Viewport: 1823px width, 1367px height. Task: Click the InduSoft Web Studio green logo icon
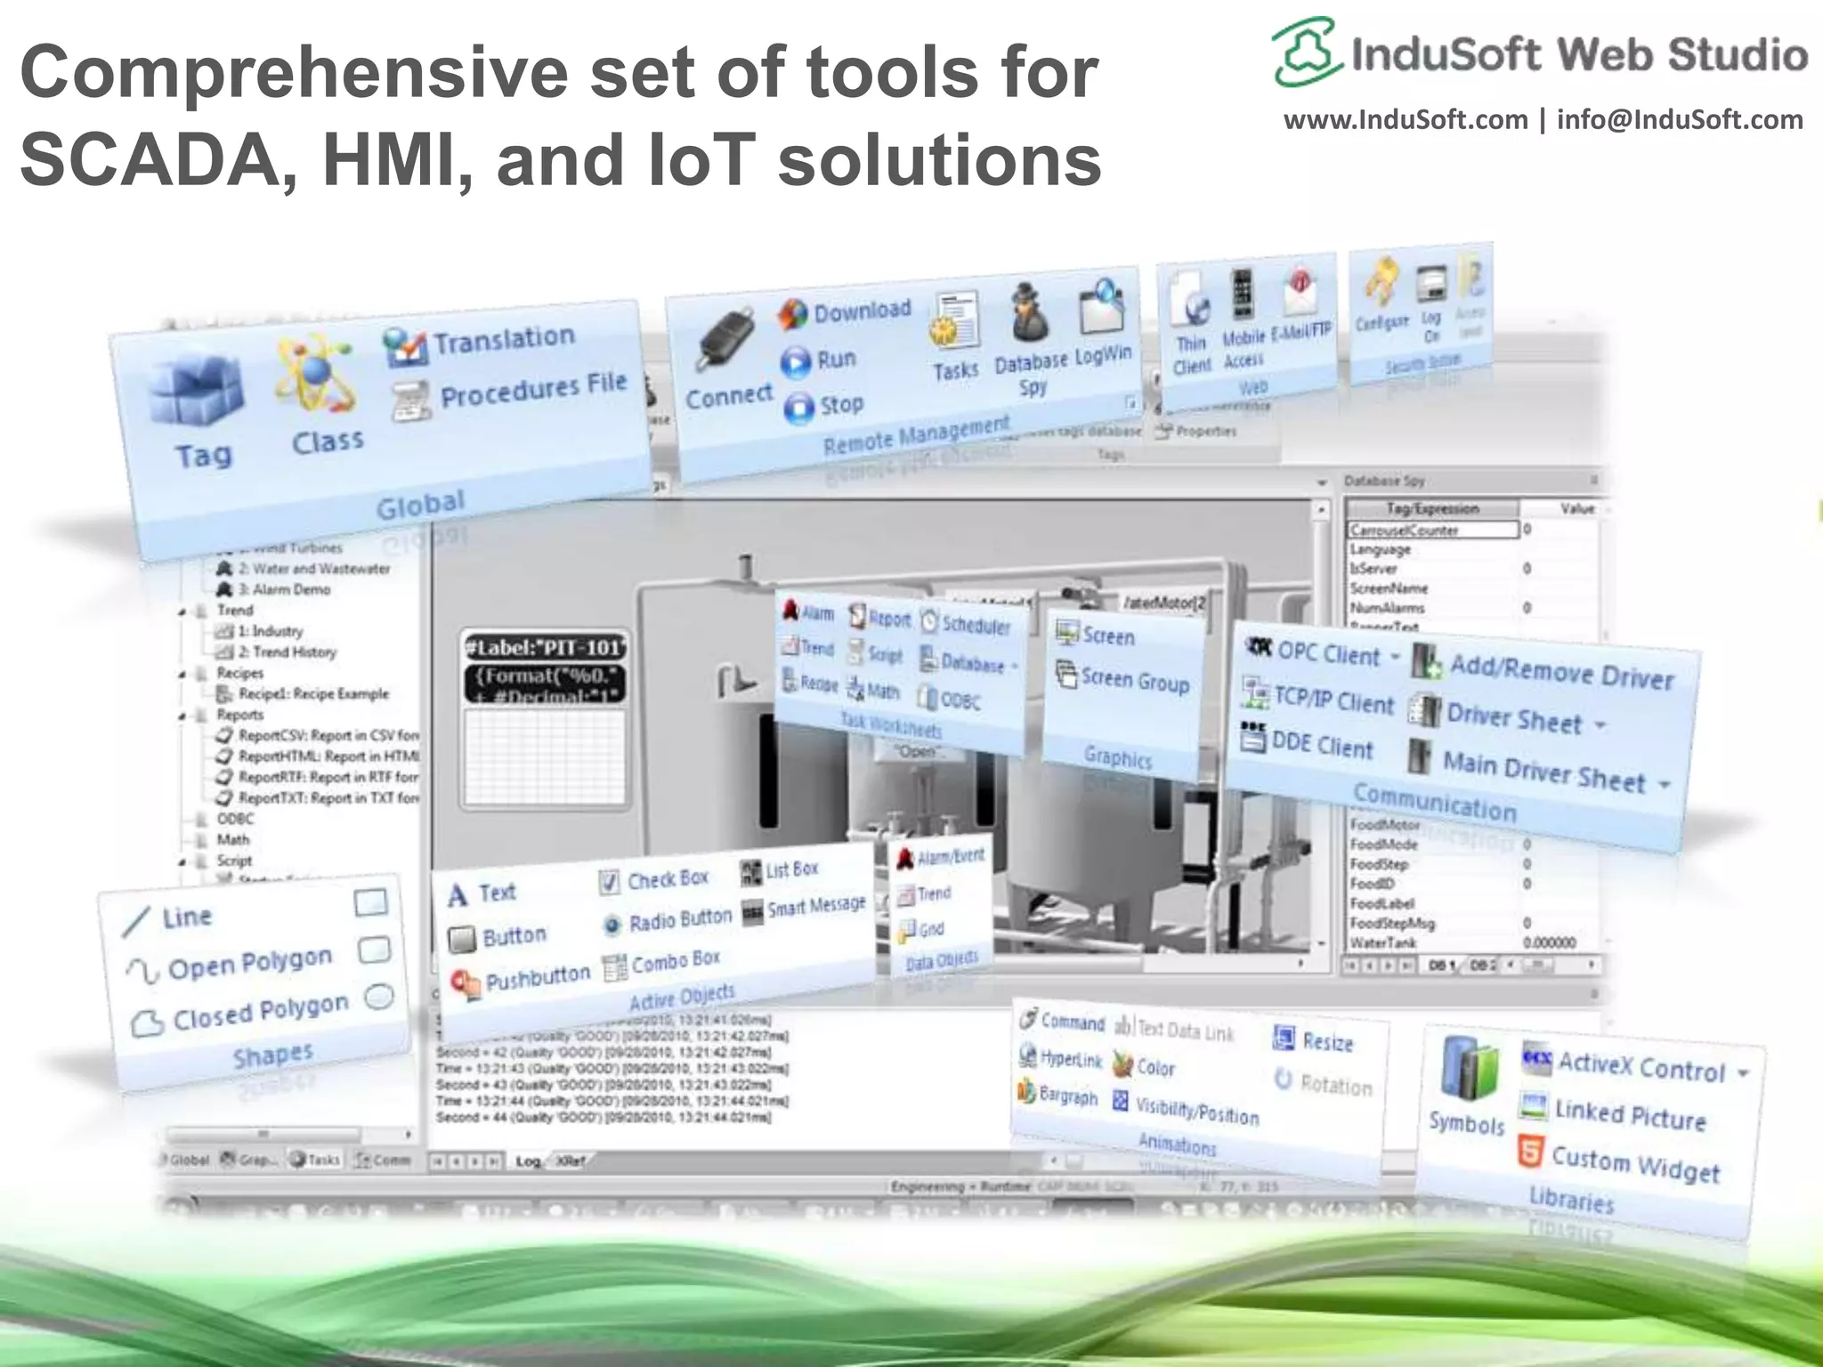[x=1305, y=52]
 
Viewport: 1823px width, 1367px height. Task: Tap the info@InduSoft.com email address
[x=1680, y=120]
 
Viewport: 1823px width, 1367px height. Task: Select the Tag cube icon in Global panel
[x=196, y=392]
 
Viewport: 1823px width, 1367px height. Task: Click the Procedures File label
[x=533, y=389]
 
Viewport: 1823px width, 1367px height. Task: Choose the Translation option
[x=504, y=339]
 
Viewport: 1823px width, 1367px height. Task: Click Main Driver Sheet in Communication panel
[x=1543, y=771]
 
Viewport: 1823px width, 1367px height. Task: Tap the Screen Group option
[x=1135, y=681]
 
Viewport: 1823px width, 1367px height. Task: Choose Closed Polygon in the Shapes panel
[x=260, y=1011]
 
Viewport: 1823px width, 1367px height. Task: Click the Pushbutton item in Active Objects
[x=537, y=977]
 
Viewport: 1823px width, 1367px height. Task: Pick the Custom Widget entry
[x=1634, y=1164]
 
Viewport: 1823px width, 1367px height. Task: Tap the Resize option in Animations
[x=1327, y=1041]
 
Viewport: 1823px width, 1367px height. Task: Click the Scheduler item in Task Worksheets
[x=976, y=625]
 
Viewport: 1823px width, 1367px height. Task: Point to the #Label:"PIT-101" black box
[x=545, y=647]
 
